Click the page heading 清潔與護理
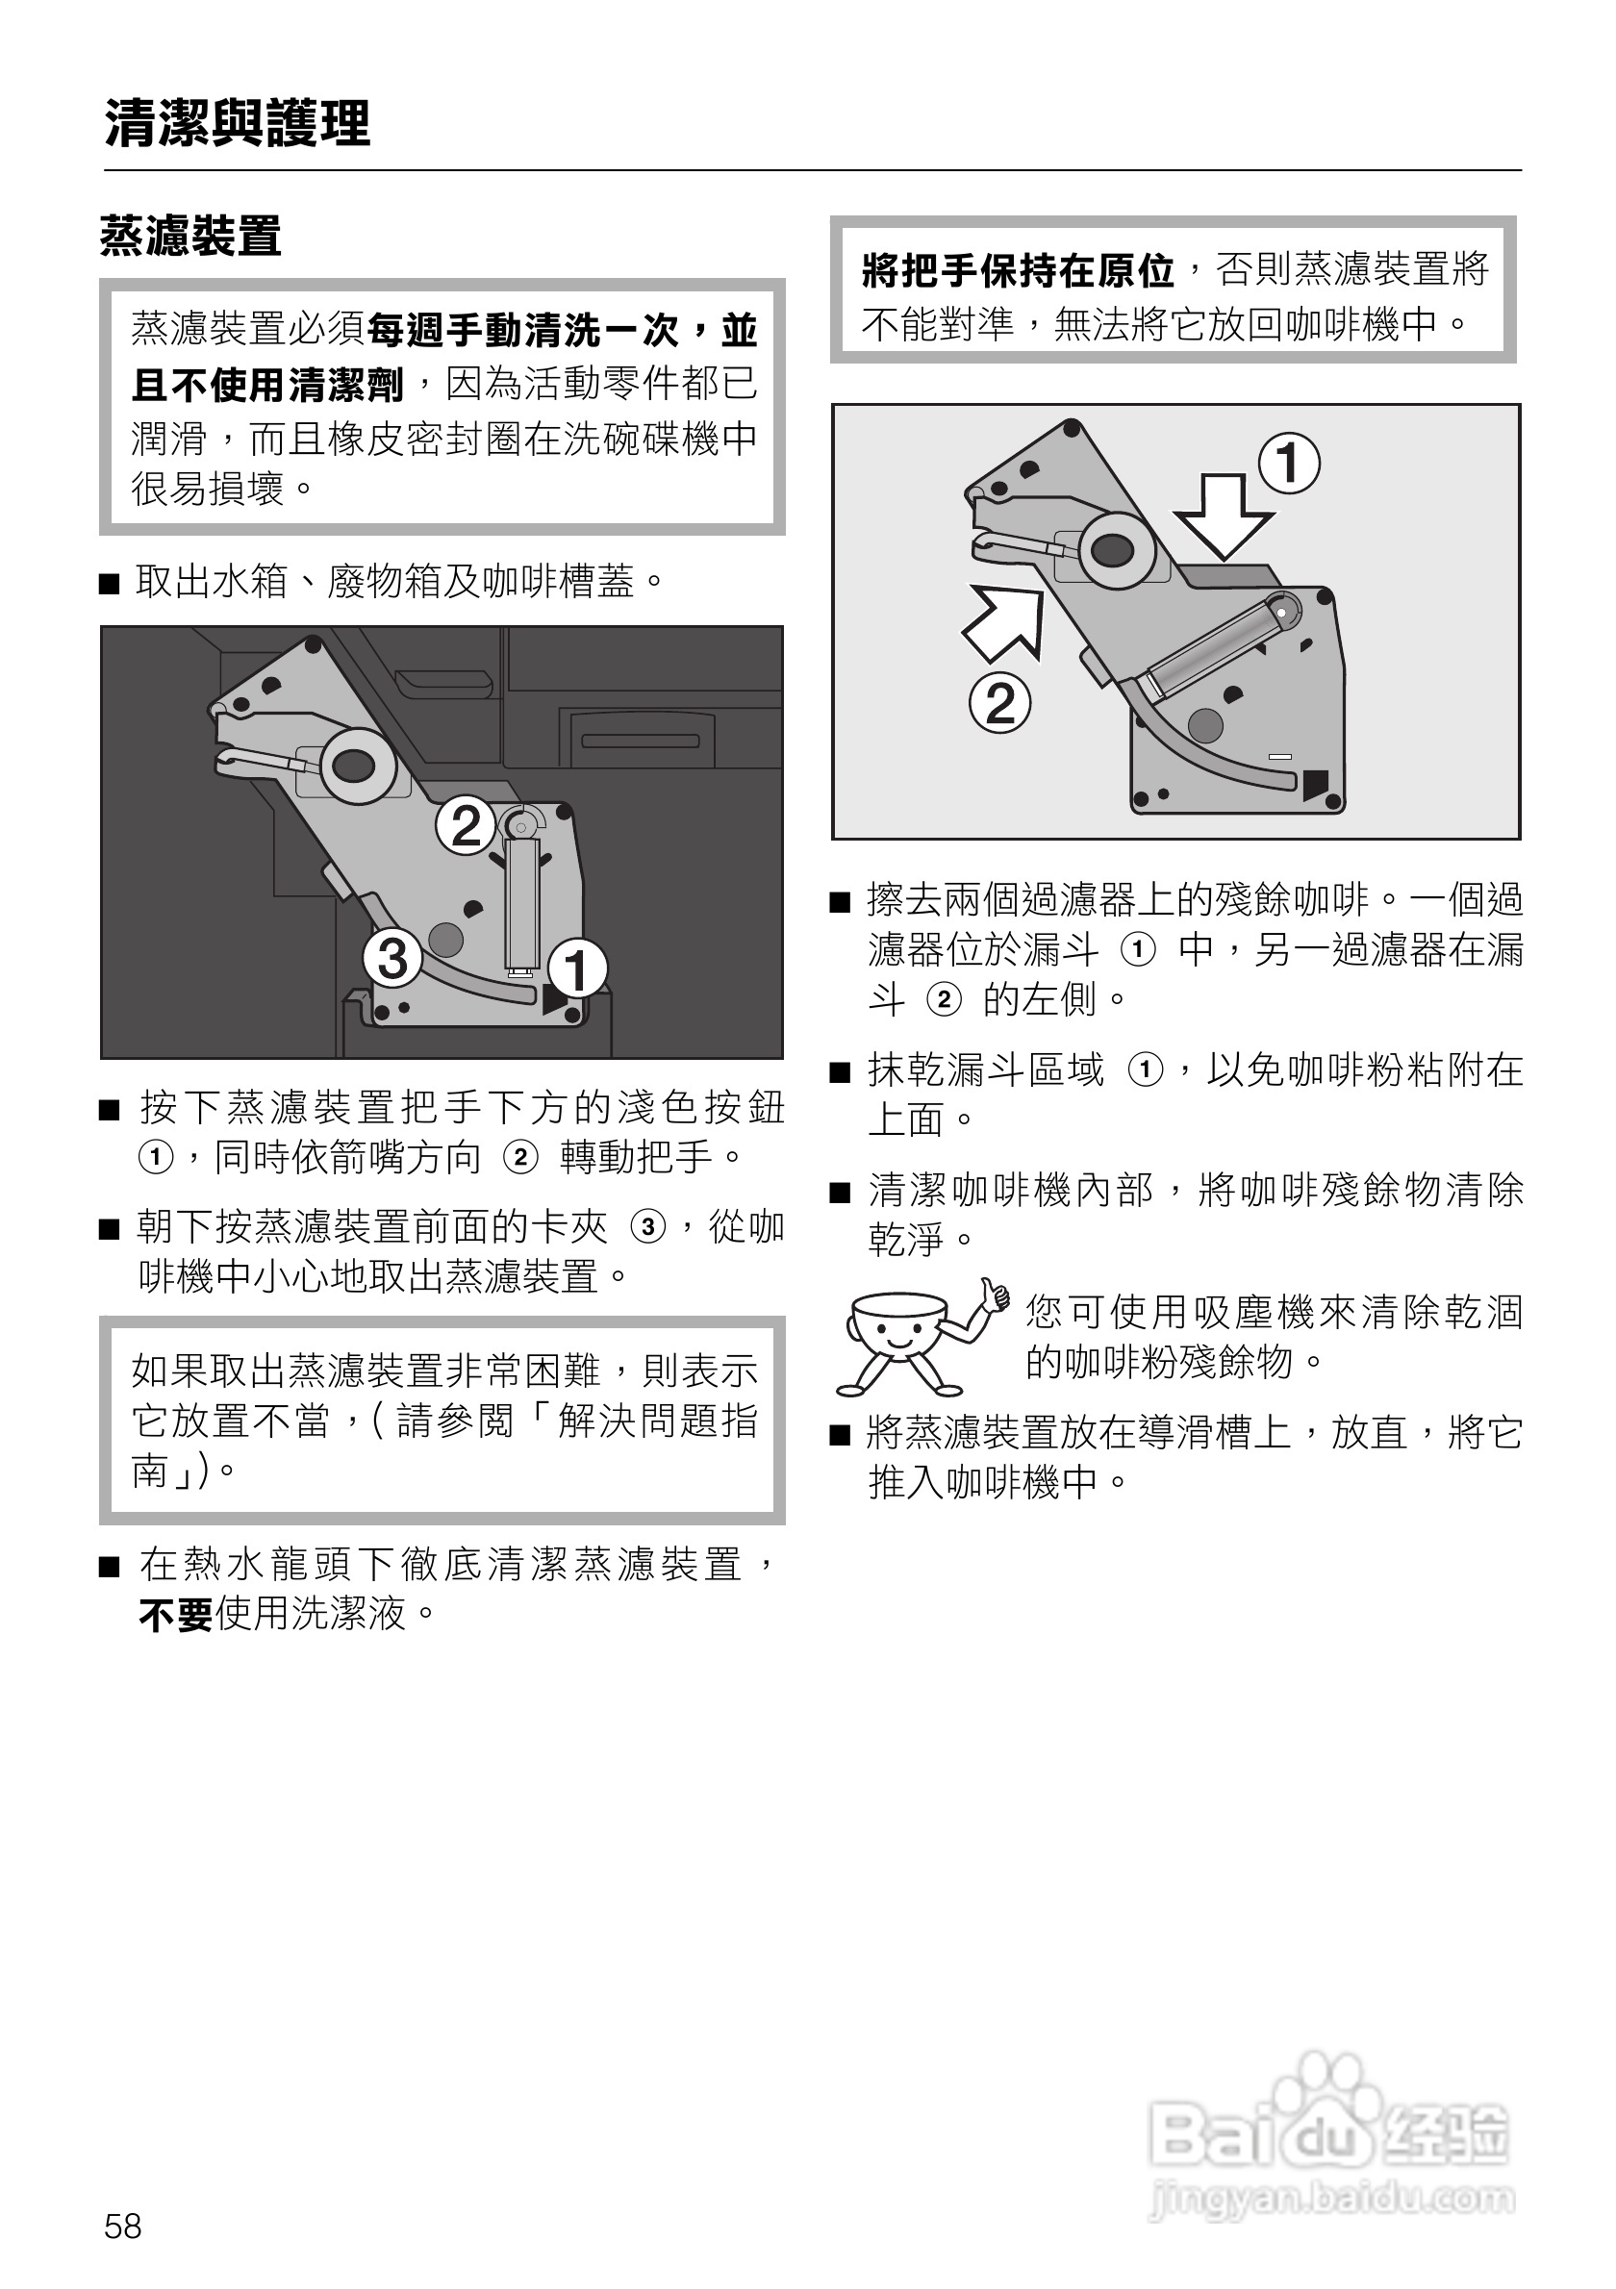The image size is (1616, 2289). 238,124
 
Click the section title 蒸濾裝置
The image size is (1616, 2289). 190,237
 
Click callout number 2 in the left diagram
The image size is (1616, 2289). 466,825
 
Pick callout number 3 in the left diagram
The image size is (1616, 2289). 391,958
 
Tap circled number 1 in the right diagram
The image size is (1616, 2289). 1289,464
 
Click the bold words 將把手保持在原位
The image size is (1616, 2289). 1018,270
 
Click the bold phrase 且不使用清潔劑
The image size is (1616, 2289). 267,385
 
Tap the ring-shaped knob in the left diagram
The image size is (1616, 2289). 353,766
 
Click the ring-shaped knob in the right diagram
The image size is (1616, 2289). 1114,548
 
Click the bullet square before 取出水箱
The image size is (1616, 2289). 110,582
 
